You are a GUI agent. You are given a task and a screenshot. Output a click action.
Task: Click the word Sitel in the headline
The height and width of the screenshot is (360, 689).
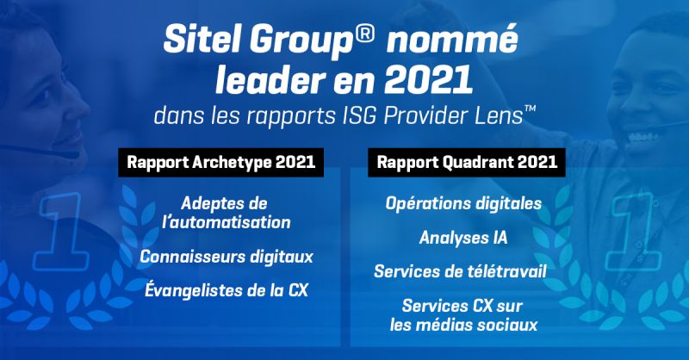(202, 39)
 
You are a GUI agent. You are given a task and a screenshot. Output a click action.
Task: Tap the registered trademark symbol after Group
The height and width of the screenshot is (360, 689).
(363, 34)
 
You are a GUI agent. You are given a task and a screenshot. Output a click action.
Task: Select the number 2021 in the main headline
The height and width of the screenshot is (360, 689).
(428, 79)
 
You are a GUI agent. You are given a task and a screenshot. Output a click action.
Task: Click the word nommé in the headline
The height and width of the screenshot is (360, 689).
(452, 39)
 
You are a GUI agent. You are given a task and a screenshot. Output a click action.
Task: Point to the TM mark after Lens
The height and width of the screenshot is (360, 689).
(531, 109)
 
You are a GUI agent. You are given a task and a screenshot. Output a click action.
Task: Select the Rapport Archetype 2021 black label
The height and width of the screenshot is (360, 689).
(221, 163)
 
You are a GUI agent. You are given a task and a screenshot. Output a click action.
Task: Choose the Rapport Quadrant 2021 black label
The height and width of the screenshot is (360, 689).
(467, 163)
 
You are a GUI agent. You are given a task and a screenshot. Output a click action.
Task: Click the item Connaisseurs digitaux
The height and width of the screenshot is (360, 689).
(227, 257)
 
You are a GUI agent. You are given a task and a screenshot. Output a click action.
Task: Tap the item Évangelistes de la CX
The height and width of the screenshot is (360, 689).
(227, 290)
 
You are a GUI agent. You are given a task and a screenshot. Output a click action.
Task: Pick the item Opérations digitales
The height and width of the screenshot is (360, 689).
(463, 203)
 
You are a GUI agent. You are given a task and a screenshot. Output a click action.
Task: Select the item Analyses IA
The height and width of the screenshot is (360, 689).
(463, 238)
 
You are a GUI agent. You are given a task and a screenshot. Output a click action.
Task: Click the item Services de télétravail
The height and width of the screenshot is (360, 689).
(460, 271)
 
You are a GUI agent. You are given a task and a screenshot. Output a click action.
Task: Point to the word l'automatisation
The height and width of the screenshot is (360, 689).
(227, 222)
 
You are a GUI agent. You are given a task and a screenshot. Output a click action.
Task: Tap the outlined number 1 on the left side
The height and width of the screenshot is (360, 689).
(62, 231)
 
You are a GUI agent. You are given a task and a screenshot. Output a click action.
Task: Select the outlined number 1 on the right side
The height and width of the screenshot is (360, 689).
(633, 231)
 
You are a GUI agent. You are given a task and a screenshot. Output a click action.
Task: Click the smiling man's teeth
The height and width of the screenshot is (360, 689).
(642, 138)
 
